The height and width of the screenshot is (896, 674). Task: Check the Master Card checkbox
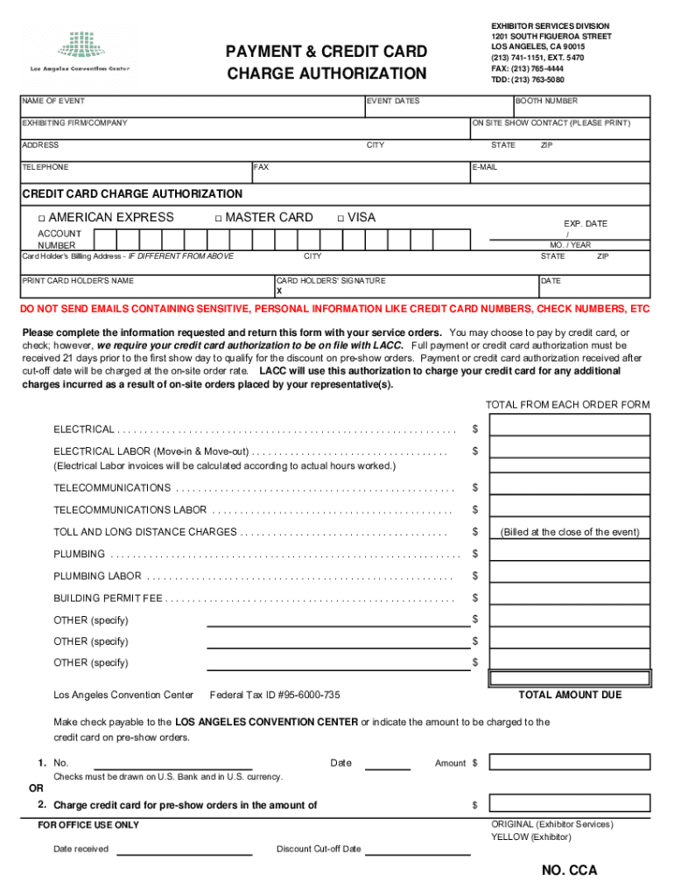click(x=218, y=218)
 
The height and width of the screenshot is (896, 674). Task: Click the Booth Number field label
click(x=546, y=101)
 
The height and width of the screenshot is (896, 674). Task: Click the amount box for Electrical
click(x=570, y=425)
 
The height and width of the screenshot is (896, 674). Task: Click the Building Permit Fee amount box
click(x=570, y=598)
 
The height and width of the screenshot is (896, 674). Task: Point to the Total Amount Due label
click(x=570, y=695)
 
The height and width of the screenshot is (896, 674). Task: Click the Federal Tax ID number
click(x=275, y=695)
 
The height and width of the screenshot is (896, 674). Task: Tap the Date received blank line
click(x=185, y=850)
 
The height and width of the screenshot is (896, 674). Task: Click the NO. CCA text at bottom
click(x=569, y=871)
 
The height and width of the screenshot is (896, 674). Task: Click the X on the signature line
click(x=279, y=290)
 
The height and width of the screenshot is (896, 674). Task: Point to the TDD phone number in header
click(x=527, y=79)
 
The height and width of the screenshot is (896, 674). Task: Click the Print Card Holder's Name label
click(x=78, y=281)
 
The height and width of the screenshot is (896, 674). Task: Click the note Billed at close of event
click(x=570, y=532)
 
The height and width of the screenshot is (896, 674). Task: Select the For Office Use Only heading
click(x=88, y=825)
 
